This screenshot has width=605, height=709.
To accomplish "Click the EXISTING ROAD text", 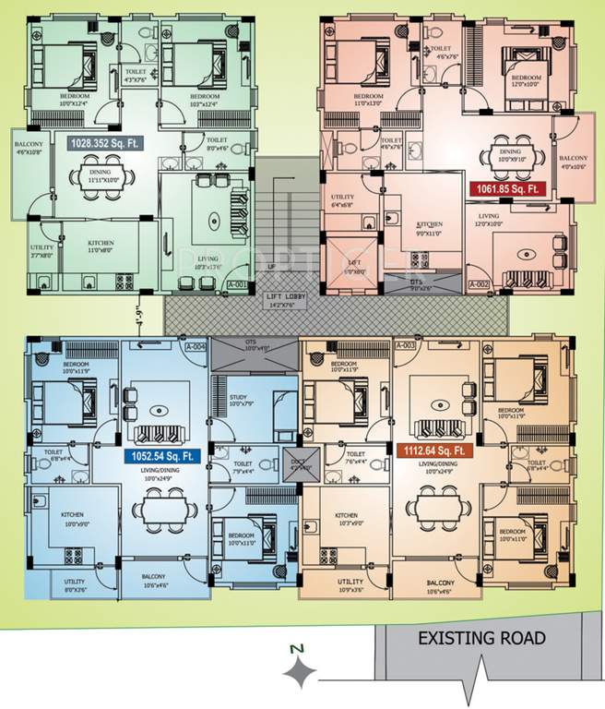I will [481, 638].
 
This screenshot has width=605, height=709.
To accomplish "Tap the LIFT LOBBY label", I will [285, 295].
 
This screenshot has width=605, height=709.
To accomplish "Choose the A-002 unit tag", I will [478, 285].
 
